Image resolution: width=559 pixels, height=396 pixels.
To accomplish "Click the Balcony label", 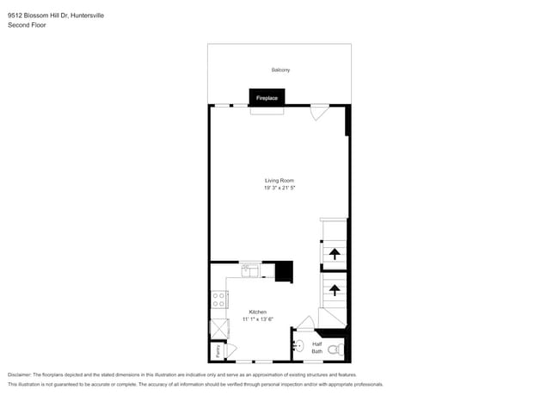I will click(x=279, y=70).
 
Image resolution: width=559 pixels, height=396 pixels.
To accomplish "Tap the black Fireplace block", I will click(x=267, y=98).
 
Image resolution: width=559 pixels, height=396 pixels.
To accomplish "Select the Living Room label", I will click(x=279, y=180).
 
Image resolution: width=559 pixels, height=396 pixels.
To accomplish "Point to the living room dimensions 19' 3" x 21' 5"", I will click(x=279, y=187).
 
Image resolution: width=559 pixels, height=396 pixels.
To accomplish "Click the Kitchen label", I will click(x=258, y=312).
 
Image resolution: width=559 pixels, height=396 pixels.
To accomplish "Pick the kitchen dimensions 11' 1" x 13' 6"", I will click(x=258, y=319).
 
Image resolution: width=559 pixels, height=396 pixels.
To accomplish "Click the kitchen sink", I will click(x=250, y=271).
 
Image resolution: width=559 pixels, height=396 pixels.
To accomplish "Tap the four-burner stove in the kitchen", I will click(x=218, y=300).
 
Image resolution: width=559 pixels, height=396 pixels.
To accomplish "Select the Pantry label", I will click(x=218, y=350).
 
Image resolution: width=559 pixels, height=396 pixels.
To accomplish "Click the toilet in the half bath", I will click(x=340, y=349).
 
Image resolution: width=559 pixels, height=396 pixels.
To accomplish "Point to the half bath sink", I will click(x=298, y=347).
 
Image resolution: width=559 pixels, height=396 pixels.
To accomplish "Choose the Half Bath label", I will click(x=316, y=348).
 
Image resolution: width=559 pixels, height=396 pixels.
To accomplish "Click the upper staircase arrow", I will click(x=333, y=253).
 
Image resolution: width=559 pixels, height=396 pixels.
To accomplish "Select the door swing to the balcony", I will click(x=319, y=112).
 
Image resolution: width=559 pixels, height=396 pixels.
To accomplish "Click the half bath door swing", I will click(x=304, y=323).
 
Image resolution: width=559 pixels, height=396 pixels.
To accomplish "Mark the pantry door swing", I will click(x=230, y=350).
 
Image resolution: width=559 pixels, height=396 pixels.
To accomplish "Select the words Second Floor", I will click(x=27, y=25).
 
